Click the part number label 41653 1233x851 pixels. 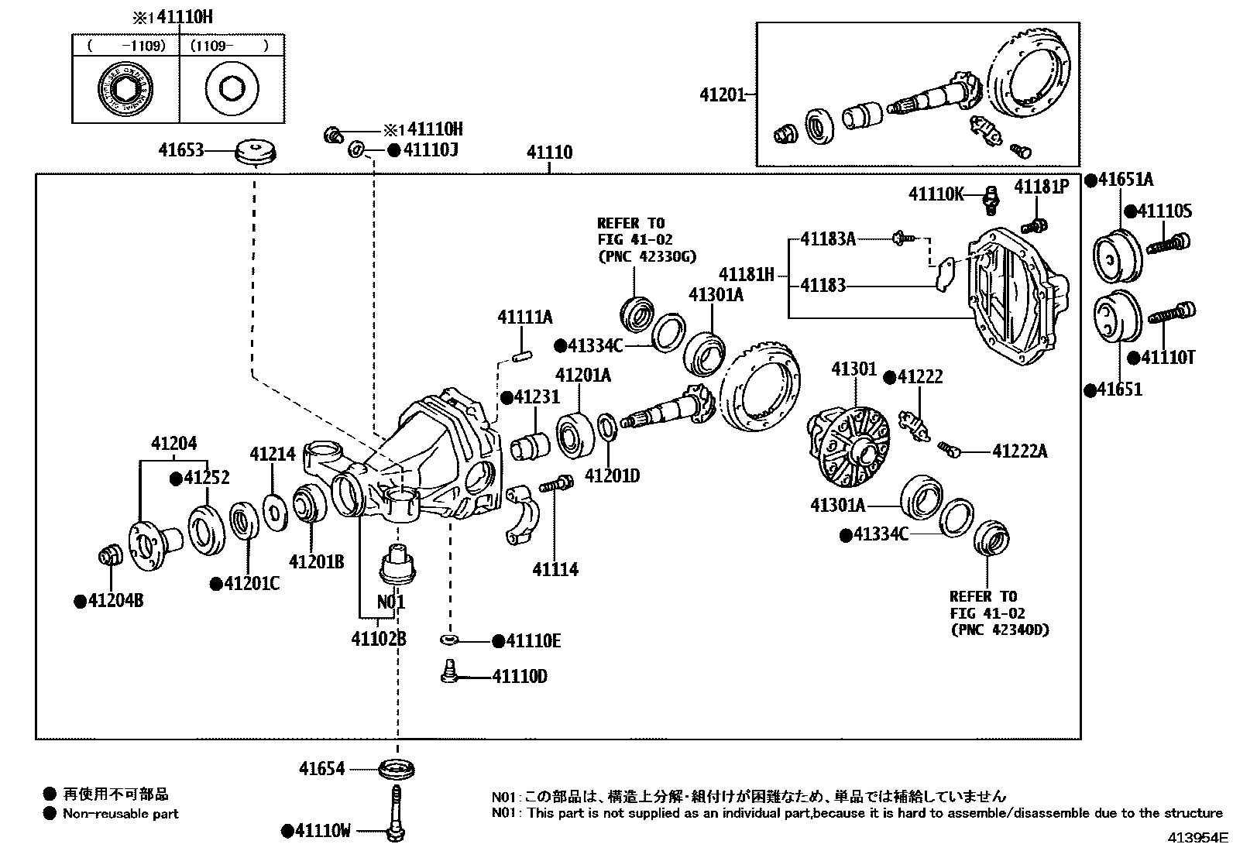pos(180,150)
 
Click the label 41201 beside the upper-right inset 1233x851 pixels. pos(722,94)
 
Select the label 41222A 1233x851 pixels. pos(1019,451)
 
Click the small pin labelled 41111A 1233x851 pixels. pos(521,356)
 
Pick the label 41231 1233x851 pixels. pos(535,398)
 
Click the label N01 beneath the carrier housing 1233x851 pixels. pos(390,602)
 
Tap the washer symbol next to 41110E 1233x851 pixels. pos(449,640)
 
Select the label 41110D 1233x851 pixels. pos(520,677)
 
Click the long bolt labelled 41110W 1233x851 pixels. pos(396,809)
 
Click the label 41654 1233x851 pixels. pos(322,769)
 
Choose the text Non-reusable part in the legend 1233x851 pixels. pos(121,814)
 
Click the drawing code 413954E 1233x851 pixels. pos(1197,837)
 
